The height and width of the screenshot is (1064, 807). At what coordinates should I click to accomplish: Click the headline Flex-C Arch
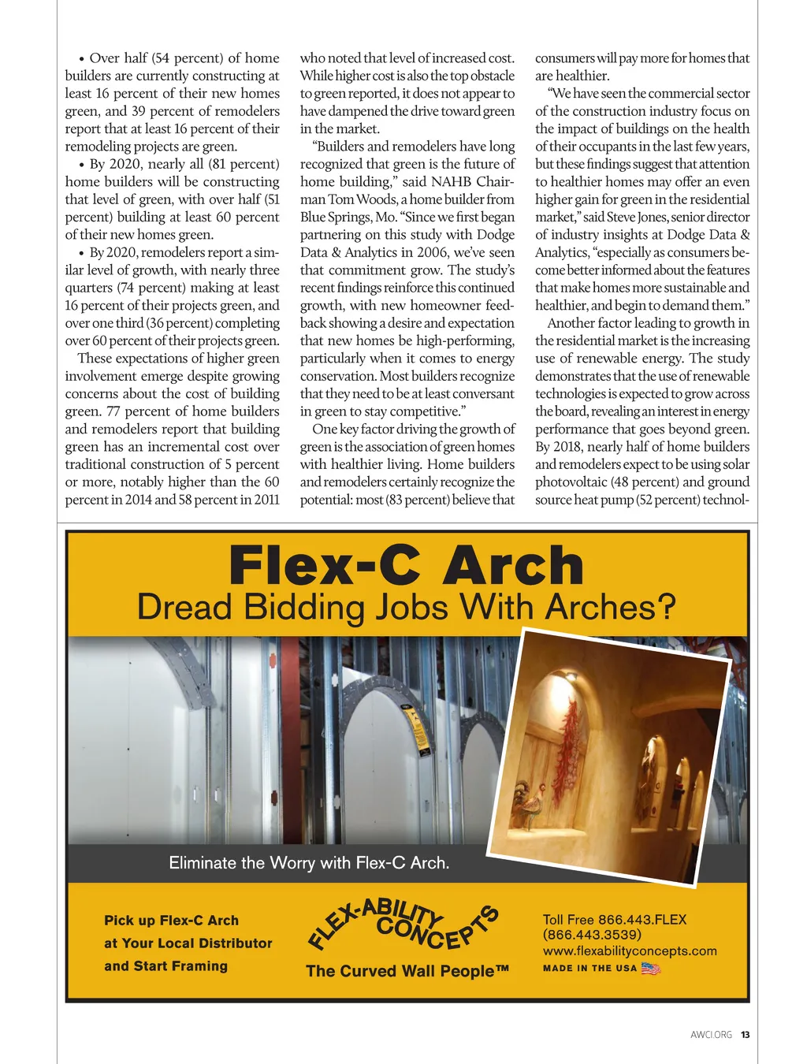[406, 566]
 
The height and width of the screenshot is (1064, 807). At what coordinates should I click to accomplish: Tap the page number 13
[745, 1035]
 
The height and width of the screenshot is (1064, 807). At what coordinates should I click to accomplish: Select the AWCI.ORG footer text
[711, 1035]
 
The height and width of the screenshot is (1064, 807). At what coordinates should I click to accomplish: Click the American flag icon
[651, 969]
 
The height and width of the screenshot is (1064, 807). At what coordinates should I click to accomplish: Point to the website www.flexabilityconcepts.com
[630, 951]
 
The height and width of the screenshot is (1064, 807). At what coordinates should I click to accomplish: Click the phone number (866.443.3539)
[592, 935]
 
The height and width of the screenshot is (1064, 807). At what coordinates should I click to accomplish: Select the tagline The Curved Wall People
[407, 971]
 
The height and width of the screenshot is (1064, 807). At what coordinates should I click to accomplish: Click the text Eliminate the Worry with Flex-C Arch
[309, 863]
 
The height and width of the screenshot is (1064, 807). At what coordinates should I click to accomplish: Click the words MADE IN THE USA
[589, 969]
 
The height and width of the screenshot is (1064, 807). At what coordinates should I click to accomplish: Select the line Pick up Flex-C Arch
[171, 921]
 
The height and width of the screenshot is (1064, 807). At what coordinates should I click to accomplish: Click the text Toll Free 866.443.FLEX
[615, 920]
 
